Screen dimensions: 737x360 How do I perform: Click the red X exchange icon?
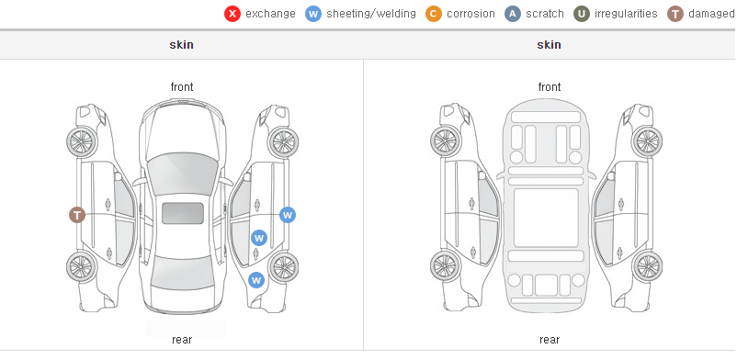pos(232,14)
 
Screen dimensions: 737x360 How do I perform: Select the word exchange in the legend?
pos(270,14)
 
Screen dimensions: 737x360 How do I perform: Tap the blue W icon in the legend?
pos(313,14)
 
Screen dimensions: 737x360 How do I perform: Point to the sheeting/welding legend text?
pos(371,14)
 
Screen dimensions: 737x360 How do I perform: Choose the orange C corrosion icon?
pos(434,14)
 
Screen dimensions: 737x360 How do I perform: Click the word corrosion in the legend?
pos(471,14)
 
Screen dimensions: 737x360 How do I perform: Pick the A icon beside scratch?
pos(513,14)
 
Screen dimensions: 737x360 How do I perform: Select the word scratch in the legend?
pos(545,14)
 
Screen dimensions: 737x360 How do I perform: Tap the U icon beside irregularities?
pos(582,14)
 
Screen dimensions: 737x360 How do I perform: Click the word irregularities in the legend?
pos(626,14)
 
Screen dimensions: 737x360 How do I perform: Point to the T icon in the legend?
pos(675,14)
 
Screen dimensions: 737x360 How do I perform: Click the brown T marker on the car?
pos(77,215)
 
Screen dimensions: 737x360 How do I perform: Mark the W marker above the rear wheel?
pos(256,281)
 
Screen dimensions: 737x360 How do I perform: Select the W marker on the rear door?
pos(259,238)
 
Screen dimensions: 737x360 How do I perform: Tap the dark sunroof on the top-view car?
pos(183,213)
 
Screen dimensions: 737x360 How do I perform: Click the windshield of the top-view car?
pos(182,173)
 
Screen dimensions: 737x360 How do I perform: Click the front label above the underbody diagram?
pos(550,87)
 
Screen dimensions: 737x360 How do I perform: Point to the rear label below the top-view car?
pos(182,340)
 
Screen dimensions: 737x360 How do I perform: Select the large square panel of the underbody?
pos(546,218)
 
